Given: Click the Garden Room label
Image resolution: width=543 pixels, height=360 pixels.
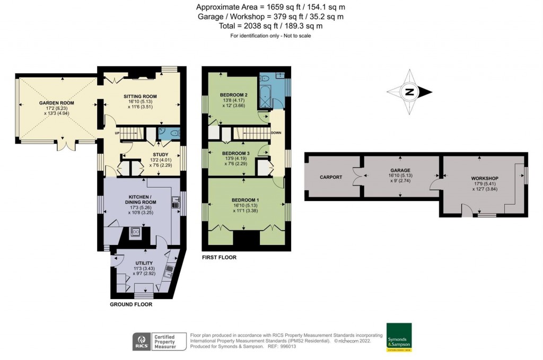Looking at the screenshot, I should click(56, 103).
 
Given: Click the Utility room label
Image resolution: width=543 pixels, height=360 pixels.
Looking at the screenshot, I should click(144, 263).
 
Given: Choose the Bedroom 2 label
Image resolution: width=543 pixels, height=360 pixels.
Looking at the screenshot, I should click(234, 95).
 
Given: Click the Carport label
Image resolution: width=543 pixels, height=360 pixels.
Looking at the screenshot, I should click(331, 177).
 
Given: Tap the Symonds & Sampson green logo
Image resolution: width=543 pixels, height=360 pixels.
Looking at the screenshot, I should click(399, 337).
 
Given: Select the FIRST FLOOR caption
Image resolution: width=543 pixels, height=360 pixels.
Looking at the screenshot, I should click(219, 257).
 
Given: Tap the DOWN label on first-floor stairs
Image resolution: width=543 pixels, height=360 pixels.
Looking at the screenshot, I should click(276, 133).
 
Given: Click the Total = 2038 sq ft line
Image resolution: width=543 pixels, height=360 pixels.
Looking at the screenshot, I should click(271, 25).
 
